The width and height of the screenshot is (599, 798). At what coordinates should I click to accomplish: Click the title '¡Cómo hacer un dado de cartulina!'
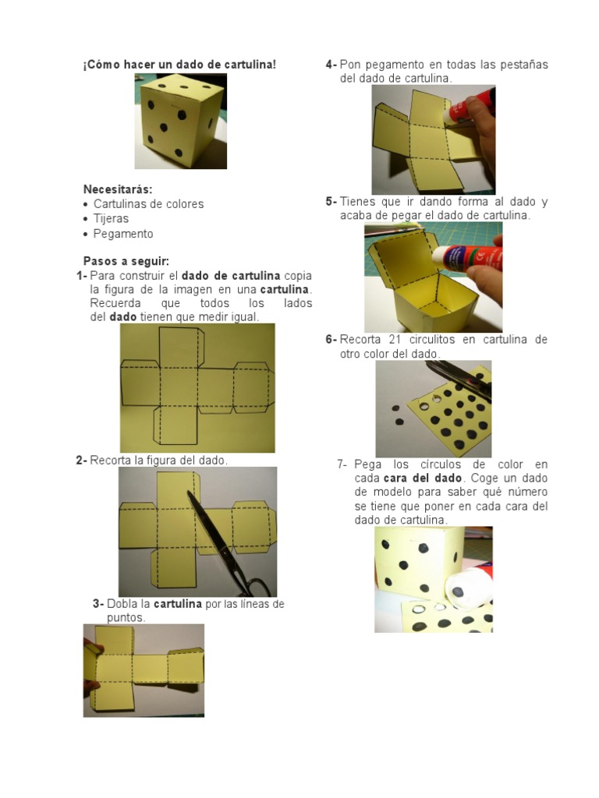[180, 65]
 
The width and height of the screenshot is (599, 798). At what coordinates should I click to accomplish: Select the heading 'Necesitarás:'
[118, 189]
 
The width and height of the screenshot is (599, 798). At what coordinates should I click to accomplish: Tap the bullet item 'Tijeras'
[111, 219]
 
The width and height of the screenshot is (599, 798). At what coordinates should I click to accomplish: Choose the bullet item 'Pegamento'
[123, 234]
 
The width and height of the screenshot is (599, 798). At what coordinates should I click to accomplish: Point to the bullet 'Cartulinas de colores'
[149, 204]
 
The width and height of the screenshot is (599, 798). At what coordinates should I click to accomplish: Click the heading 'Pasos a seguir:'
[126, 261]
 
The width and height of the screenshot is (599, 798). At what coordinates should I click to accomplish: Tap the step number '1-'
[81, 276]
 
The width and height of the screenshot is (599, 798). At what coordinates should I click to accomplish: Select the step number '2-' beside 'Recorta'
[81, 461]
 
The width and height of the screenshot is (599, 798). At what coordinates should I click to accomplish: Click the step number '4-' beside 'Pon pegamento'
[331, 65]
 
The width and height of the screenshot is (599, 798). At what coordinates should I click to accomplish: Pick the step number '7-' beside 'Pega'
[342, 464]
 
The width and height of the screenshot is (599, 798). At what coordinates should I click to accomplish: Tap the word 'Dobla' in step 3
[121, 604]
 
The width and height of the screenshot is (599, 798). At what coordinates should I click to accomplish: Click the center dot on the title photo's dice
[164, 127]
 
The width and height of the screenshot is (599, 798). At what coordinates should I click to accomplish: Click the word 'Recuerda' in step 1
[115, 303]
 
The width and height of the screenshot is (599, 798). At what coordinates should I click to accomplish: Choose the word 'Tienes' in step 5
[357, 202]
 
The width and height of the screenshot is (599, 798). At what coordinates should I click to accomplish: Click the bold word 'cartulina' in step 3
[178, 604]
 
